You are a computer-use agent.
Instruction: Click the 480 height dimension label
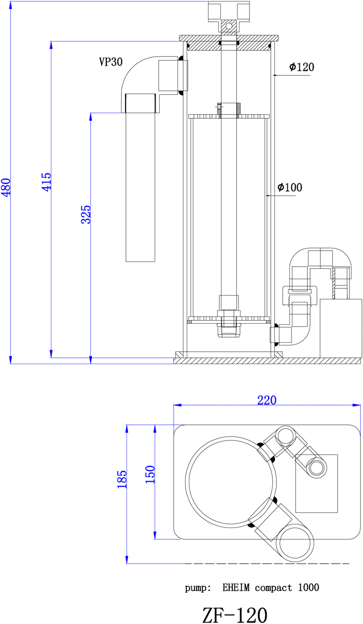coord(6,187)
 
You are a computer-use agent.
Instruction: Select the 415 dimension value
coord(47,182)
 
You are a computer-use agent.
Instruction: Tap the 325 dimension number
coord(86,215)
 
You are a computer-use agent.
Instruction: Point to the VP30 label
coord(110,62)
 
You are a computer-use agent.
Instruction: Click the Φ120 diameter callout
coord(302,67)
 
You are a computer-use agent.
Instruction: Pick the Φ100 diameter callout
coord(290,187)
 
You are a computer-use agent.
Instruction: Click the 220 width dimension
coord(267,400)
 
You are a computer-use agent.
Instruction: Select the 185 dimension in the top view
coord(122,479)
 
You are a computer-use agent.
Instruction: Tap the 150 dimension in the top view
coord(150,475)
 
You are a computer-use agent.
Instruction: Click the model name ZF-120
coord(235,615)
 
